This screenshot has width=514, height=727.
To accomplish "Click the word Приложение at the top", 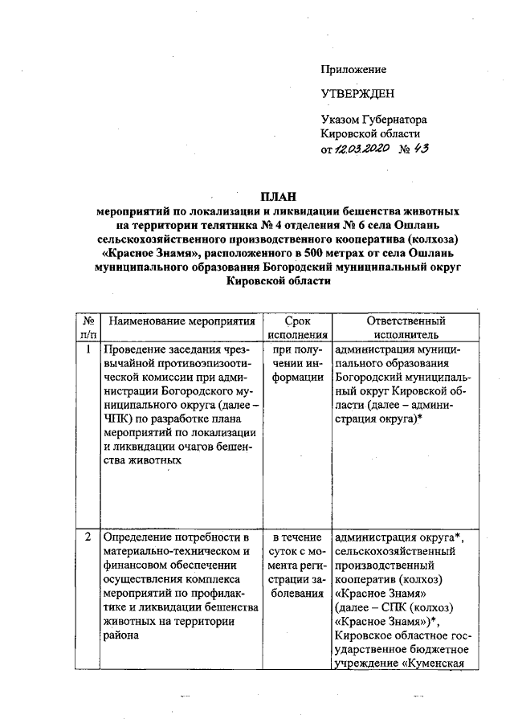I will coord(353,70).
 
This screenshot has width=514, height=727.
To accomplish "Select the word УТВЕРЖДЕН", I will coord(357,94).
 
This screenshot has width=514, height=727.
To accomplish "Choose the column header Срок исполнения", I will coord(298,328).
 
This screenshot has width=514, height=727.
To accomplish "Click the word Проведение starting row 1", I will coord(135,350).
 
